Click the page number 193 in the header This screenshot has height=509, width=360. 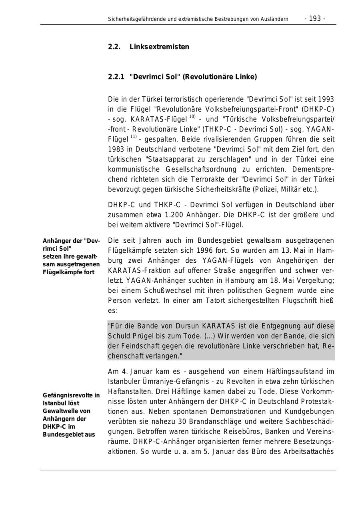315,18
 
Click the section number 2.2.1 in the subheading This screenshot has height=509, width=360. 116,77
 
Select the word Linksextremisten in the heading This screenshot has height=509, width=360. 159,47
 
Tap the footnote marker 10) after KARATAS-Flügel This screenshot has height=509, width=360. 192,117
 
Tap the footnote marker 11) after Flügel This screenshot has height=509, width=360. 133,137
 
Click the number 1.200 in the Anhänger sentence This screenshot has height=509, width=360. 174,215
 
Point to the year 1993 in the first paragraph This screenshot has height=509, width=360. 326,99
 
